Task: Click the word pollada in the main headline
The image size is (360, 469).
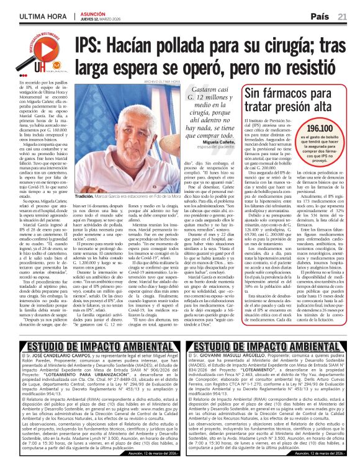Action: pyautogui.click(x=200, y=45)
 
